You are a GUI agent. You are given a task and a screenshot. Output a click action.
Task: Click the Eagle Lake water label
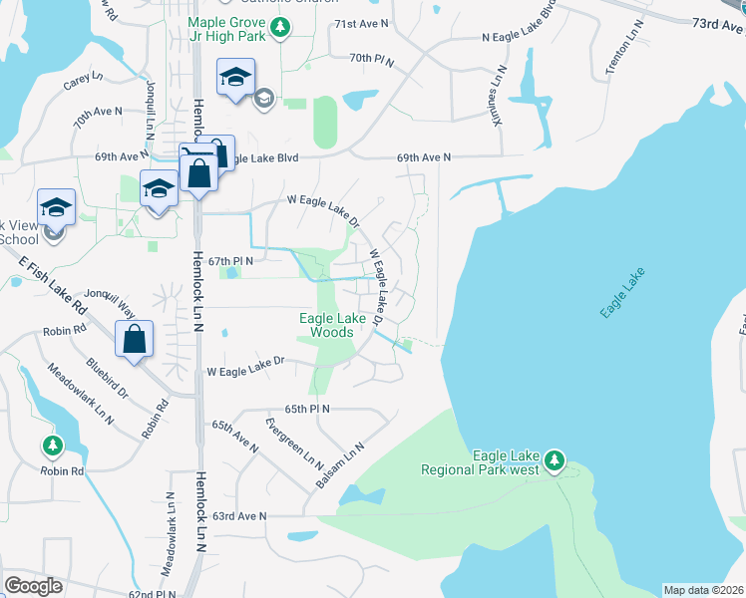[x=623, y=293]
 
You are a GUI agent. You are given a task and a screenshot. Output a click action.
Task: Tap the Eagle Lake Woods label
[x=332, y=325]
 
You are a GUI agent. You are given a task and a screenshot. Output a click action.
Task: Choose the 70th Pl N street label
[x=372, y=60]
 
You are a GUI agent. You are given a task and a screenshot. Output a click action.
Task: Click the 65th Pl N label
[x=306, y=409]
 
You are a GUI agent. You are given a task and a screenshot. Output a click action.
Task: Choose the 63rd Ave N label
[x=238, y=516]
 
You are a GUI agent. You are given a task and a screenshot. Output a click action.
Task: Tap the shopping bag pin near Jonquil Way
[x=134, y=340]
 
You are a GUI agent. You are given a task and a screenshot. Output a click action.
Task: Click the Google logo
[x=33, y=586]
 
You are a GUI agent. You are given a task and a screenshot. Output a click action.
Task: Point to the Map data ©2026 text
[x=703, y=590]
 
